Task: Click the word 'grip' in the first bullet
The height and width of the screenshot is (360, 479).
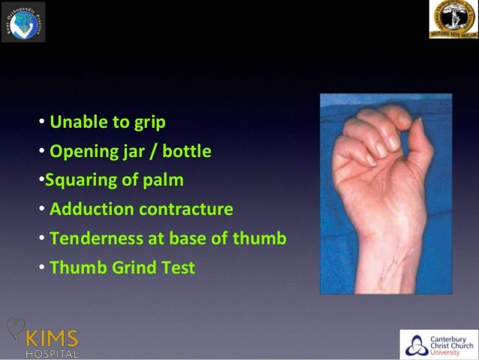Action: tap(149, 123)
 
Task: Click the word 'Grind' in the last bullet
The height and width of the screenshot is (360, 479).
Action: tap(131, 268)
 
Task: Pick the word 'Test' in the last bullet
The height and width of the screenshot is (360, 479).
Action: tap(178, 268)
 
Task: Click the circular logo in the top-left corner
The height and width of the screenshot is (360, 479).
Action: tap(23, 21)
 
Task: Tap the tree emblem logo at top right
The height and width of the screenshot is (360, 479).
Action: tap(453, 20)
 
